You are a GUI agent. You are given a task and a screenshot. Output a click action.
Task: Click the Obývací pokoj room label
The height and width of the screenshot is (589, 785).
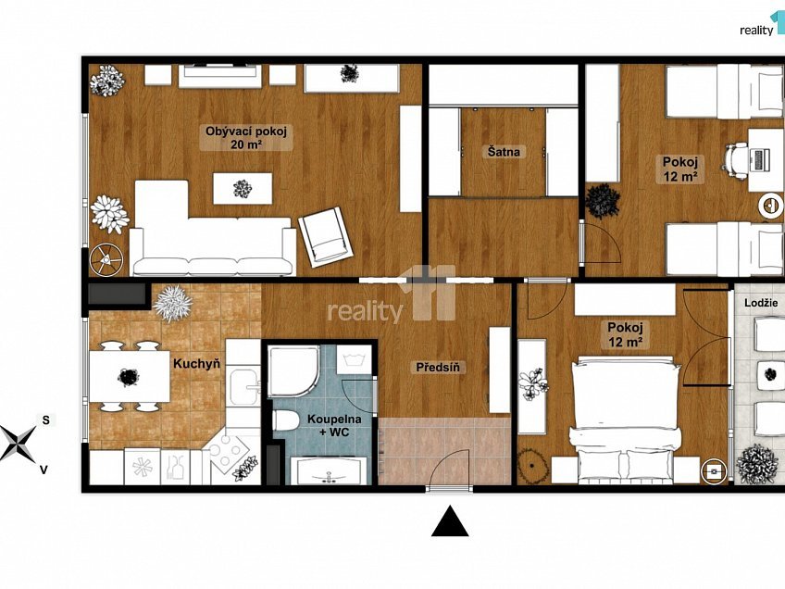point(246,138)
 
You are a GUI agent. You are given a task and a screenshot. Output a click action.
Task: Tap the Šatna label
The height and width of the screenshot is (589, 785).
point(504,151)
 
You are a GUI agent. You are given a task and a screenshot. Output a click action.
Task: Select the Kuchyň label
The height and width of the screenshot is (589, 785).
point(197,363)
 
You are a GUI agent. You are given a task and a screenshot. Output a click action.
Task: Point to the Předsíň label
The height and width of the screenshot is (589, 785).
point(438,367)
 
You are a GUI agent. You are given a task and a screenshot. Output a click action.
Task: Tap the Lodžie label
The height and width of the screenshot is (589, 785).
point(761,303)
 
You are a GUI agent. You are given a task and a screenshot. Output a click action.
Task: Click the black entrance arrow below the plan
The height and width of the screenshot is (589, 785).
point(450,520)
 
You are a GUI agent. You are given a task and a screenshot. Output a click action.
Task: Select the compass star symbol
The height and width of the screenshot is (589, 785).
point(18,443)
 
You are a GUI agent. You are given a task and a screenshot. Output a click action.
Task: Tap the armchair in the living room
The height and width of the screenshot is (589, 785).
point(326,237)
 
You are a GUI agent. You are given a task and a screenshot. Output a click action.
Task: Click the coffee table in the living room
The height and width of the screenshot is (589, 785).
point(243,188)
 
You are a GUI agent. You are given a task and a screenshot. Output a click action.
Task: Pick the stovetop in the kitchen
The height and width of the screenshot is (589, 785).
point(229,447)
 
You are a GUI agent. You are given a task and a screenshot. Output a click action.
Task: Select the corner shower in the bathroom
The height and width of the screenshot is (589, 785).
point(293,371)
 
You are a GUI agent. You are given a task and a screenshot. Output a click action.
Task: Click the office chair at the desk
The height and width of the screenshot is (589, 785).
point(735,160)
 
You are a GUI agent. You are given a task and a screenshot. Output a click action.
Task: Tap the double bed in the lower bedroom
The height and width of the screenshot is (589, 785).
point(625,420)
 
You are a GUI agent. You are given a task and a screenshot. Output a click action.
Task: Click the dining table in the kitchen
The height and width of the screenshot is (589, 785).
point(130,376)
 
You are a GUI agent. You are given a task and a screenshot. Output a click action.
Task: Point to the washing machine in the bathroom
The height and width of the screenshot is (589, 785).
point(354,360)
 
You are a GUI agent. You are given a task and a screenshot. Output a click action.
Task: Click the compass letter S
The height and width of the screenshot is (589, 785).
point(45,420)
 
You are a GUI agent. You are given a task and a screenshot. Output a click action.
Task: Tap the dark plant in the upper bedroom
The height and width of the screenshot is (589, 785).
point(604,201)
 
